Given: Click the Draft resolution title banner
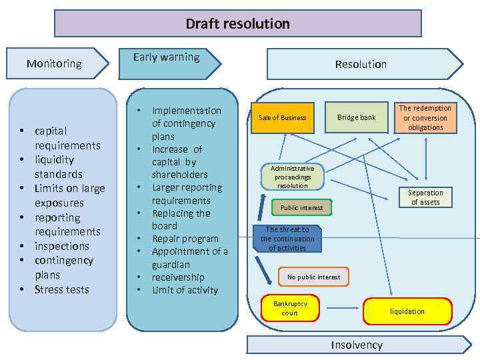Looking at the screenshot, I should click(237, 24).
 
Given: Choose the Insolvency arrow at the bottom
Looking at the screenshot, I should click(358, 345).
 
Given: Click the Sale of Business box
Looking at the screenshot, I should click(282, 118).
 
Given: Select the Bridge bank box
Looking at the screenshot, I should click(356, 117).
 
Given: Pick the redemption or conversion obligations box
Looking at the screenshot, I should click(425, 117).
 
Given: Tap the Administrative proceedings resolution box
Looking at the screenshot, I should click(292, 177).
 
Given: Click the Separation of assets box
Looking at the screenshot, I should click(425, 197).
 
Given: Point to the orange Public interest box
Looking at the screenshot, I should click(301, 208).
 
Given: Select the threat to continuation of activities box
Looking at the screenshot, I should click(287, 239).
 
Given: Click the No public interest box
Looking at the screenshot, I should click(313, 277).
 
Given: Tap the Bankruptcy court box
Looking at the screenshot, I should click(290, 308).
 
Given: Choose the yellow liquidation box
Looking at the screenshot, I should click(407, 311).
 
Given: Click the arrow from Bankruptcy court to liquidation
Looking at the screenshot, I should click(342, 309).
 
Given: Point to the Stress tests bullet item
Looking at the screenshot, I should click(61, 289).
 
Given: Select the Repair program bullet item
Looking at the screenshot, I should click(185, 239).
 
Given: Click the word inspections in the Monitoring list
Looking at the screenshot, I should click(61, 246).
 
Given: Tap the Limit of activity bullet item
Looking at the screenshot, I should click(185, 290).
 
